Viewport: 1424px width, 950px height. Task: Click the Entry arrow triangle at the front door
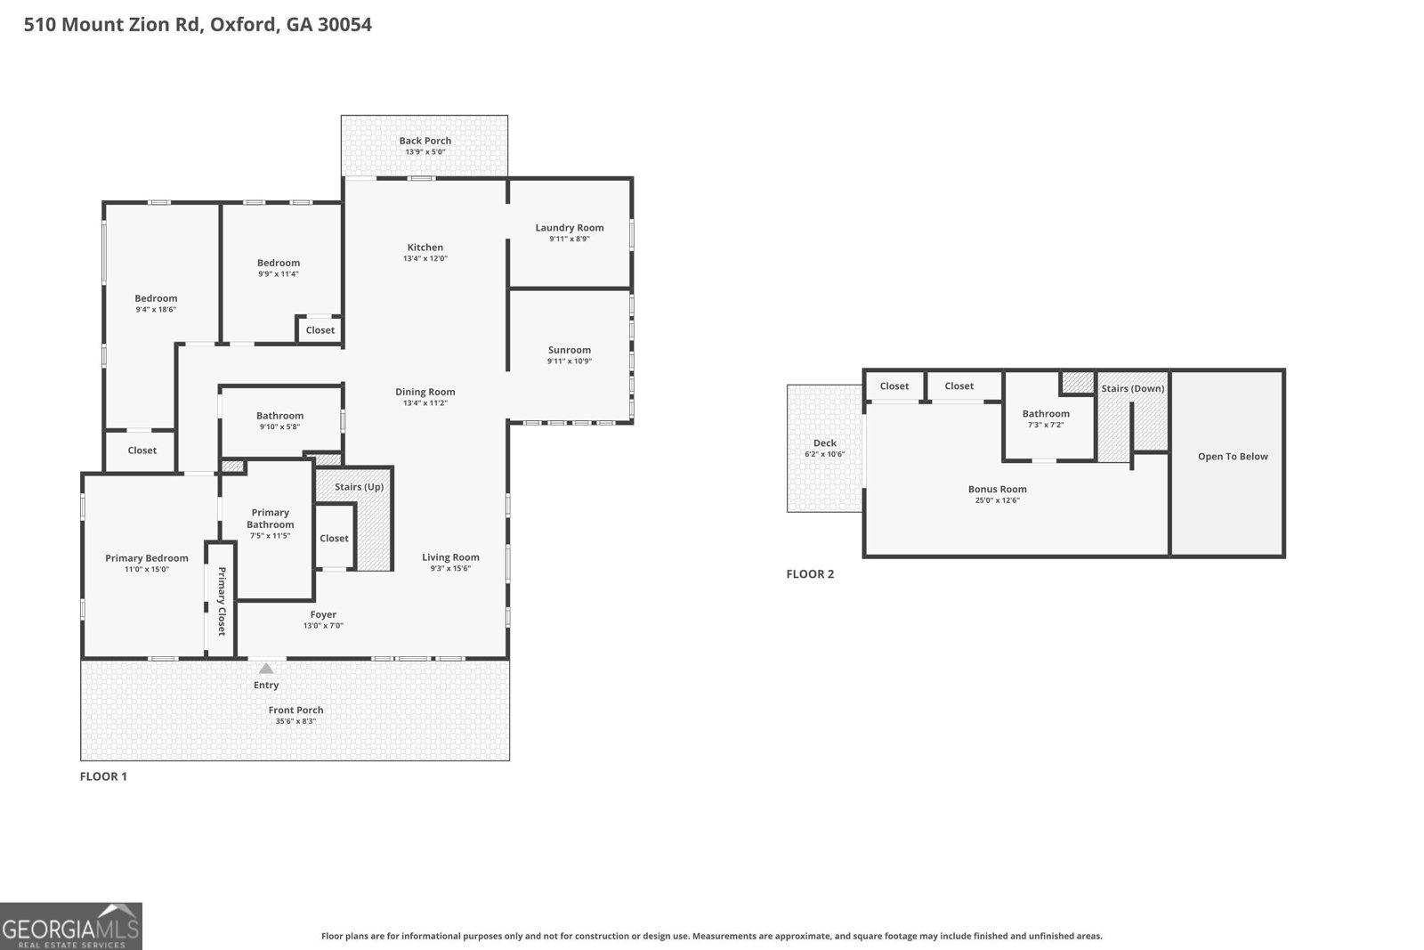coord(266,669)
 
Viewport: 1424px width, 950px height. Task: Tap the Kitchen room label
coord(425,248)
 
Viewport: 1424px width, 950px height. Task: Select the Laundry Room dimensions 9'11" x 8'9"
coord(570,239)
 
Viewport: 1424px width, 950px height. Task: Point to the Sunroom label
coord(570,350)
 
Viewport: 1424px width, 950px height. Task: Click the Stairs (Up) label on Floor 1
coord(359,487)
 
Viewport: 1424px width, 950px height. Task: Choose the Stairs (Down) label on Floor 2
coord(1132,388)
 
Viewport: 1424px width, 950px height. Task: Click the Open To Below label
coord(1233,457)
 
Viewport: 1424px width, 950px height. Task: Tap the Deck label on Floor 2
coord(825,443)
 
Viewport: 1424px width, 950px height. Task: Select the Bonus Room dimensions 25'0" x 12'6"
coord(997,500)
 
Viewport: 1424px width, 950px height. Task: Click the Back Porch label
coord(425,141)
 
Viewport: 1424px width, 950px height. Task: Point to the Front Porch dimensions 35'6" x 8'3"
coord(295,721)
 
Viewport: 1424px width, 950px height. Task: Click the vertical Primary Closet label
coord(222,601)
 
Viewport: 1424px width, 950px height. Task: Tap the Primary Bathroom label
coord(271,518)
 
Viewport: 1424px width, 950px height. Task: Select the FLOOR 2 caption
coord(810,574)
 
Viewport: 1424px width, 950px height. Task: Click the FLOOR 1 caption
coord(103,776)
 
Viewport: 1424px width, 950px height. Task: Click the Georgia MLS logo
coord(71,926)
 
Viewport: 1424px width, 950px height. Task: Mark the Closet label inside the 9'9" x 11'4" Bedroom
coord(320,330)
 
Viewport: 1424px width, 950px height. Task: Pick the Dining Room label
coord(425,392)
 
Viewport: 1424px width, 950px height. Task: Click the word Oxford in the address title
coord(244,24)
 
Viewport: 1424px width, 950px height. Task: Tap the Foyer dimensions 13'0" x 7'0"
coord(323,626)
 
